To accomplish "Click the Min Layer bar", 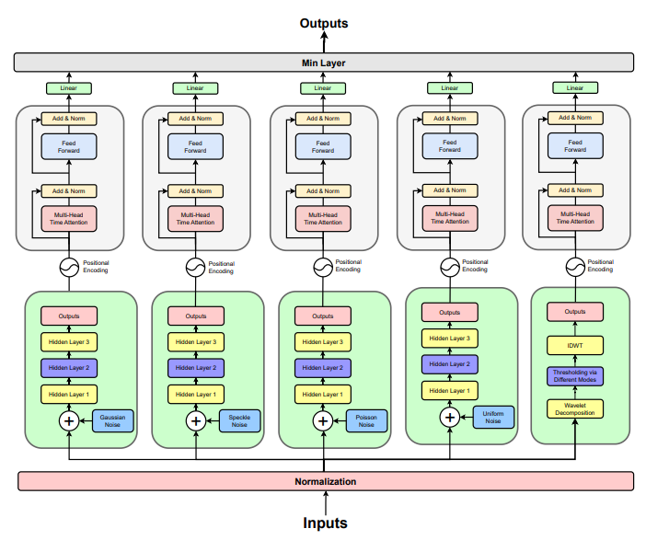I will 323,63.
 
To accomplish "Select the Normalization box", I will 325,481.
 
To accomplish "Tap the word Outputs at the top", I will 324,23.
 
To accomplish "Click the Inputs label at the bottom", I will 325,523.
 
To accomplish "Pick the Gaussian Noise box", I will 112,421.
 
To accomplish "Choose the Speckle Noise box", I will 239,421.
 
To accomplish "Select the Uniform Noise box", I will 493,417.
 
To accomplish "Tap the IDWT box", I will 575,345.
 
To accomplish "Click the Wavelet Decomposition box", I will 575,408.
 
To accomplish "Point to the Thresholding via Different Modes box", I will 575,376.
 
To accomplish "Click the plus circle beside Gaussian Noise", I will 69,421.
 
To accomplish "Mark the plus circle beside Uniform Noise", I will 450,417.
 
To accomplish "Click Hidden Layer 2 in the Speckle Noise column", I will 196,367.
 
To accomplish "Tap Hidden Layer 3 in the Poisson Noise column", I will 323,341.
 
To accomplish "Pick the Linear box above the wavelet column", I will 575,88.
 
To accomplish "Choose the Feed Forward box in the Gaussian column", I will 69,147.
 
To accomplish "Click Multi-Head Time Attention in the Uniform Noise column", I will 450,218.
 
